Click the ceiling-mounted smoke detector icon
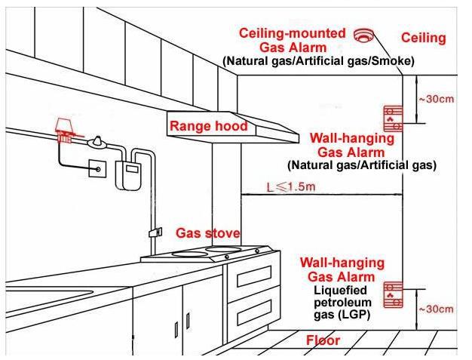click(x=365, y=35)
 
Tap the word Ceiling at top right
click(x=423, y=38)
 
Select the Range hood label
click(x=208, y=126)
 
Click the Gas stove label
click(x=208, y=232)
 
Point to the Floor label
click(x=323, y=340)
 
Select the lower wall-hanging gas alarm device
click(x=393, y=294)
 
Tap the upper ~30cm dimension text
click(x=436, y=100)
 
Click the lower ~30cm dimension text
click(x=436, y=309)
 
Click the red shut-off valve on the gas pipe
click(x=66, y=128)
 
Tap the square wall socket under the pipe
click(x=97, y=168)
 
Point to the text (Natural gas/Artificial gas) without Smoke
click(x=362, y=165)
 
